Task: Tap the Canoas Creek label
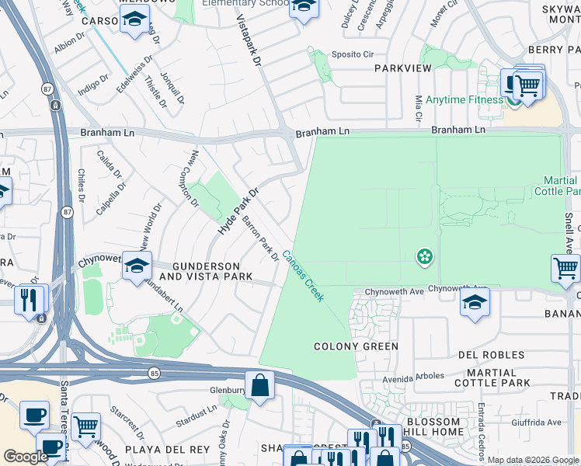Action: pos(303,276)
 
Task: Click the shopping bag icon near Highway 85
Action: pos(260,384)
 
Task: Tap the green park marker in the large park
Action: pos(424,256)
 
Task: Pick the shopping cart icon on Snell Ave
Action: pos(565,269)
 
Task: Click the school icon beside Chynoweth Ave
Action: pos(475,303)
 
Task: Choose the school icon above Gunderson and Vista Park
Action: pos(137,266)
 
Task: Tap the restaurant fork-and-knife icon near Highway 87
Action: pos(30,297)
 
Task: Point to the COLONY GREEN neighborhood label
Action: pos(356,346)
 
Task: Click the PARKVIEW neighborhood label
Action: pos(402,68)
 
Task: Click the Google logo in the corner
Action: pos(26,457)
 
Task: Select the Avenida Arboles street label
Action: pos(412,377)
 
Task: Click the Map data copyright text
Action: pos(533,460)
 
